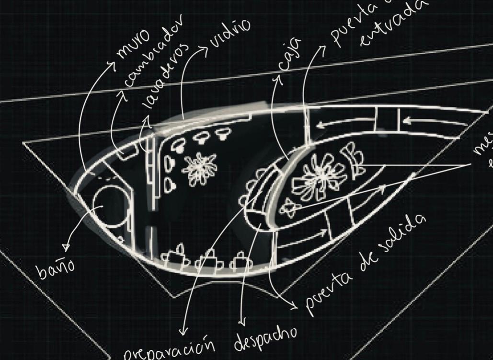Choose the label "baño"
coord(55,269)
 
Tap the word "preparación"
coord(168,348)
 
